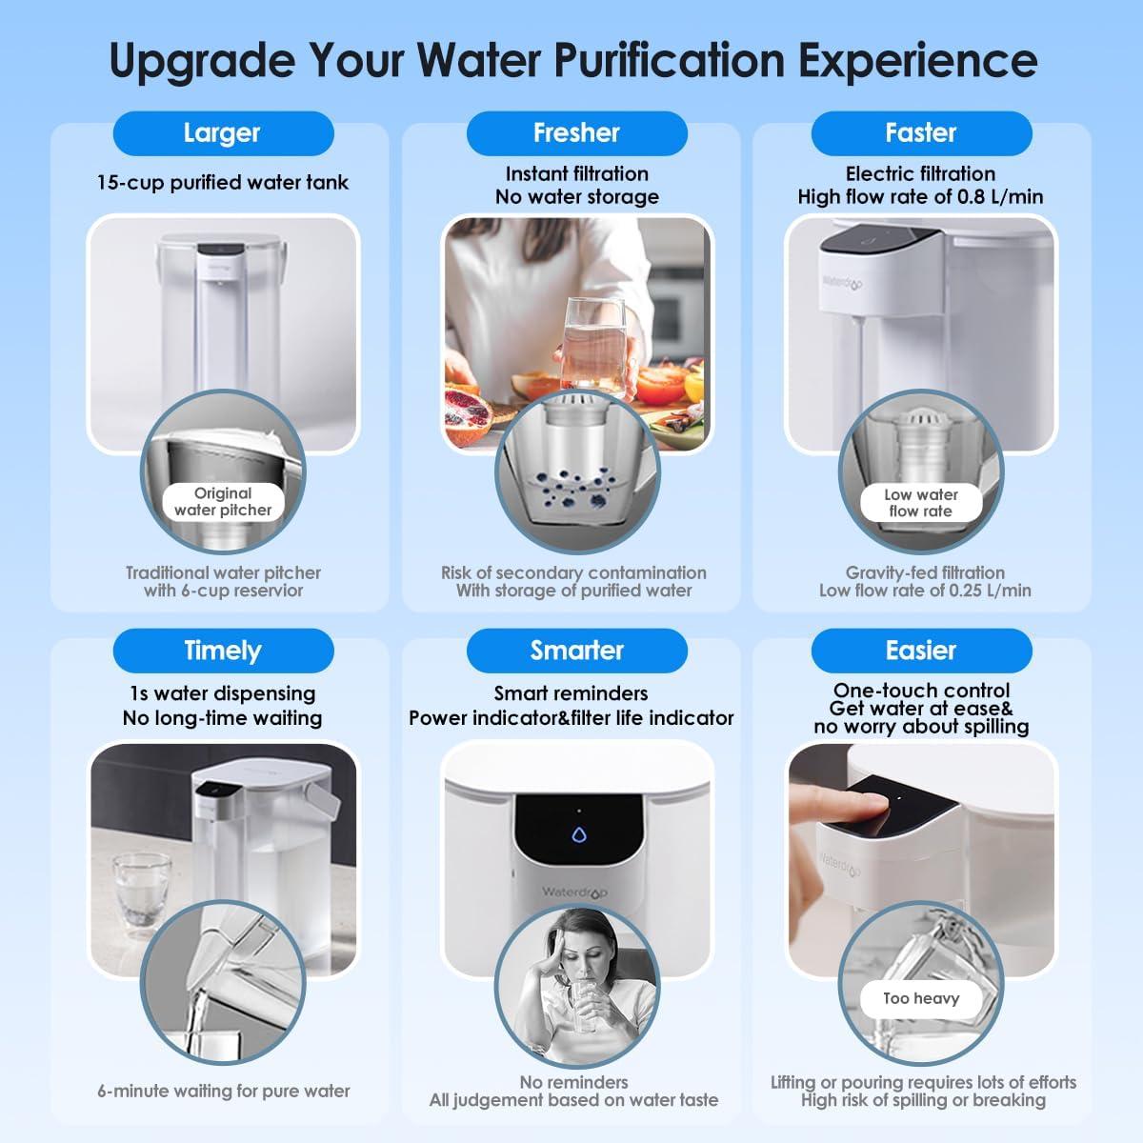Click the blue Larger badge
(223, 133)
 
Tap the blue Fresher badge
(576, 133)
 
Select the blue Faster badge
(921, 133)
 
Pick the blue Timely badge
(223, 652)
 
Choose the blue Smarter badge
(576, 652)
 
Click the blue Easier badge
(921, 652)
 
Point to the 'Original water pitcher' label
(223, 502)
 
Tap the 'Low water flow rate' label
(920, 503)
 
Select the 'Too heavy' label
(920, 999)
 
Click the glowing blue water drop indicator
(578, 836)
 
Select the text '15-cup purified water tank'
(223, 183)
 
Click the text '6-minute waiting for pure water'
(223, 1092)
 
